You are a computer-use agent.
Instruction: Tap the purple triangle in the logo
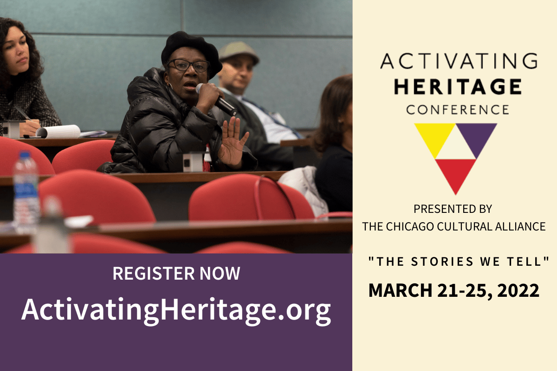coord(476,137)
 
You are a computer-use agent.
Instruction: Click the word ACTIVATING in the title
coord(459,61)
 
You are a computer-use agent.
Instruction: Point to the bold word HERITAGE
coord(458,87)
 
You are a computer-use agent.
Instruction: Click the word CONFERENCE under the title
coord(458,109)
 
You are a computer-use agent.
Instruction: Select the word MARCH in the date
coord(400,290)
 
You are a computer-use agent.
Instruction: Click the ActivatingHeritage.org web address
coord(176,311)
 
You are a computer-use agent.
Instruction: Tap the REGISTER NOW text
coord(176,273)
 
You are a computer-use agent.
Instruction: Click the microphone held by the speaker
coord(216,99)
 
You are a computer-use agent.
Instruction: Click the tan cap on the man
coord(239,51)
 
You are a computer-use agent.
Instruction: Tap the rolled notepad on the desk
coord(58,131)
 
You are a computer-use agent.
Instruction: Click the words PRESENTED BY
coord(453,209)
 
